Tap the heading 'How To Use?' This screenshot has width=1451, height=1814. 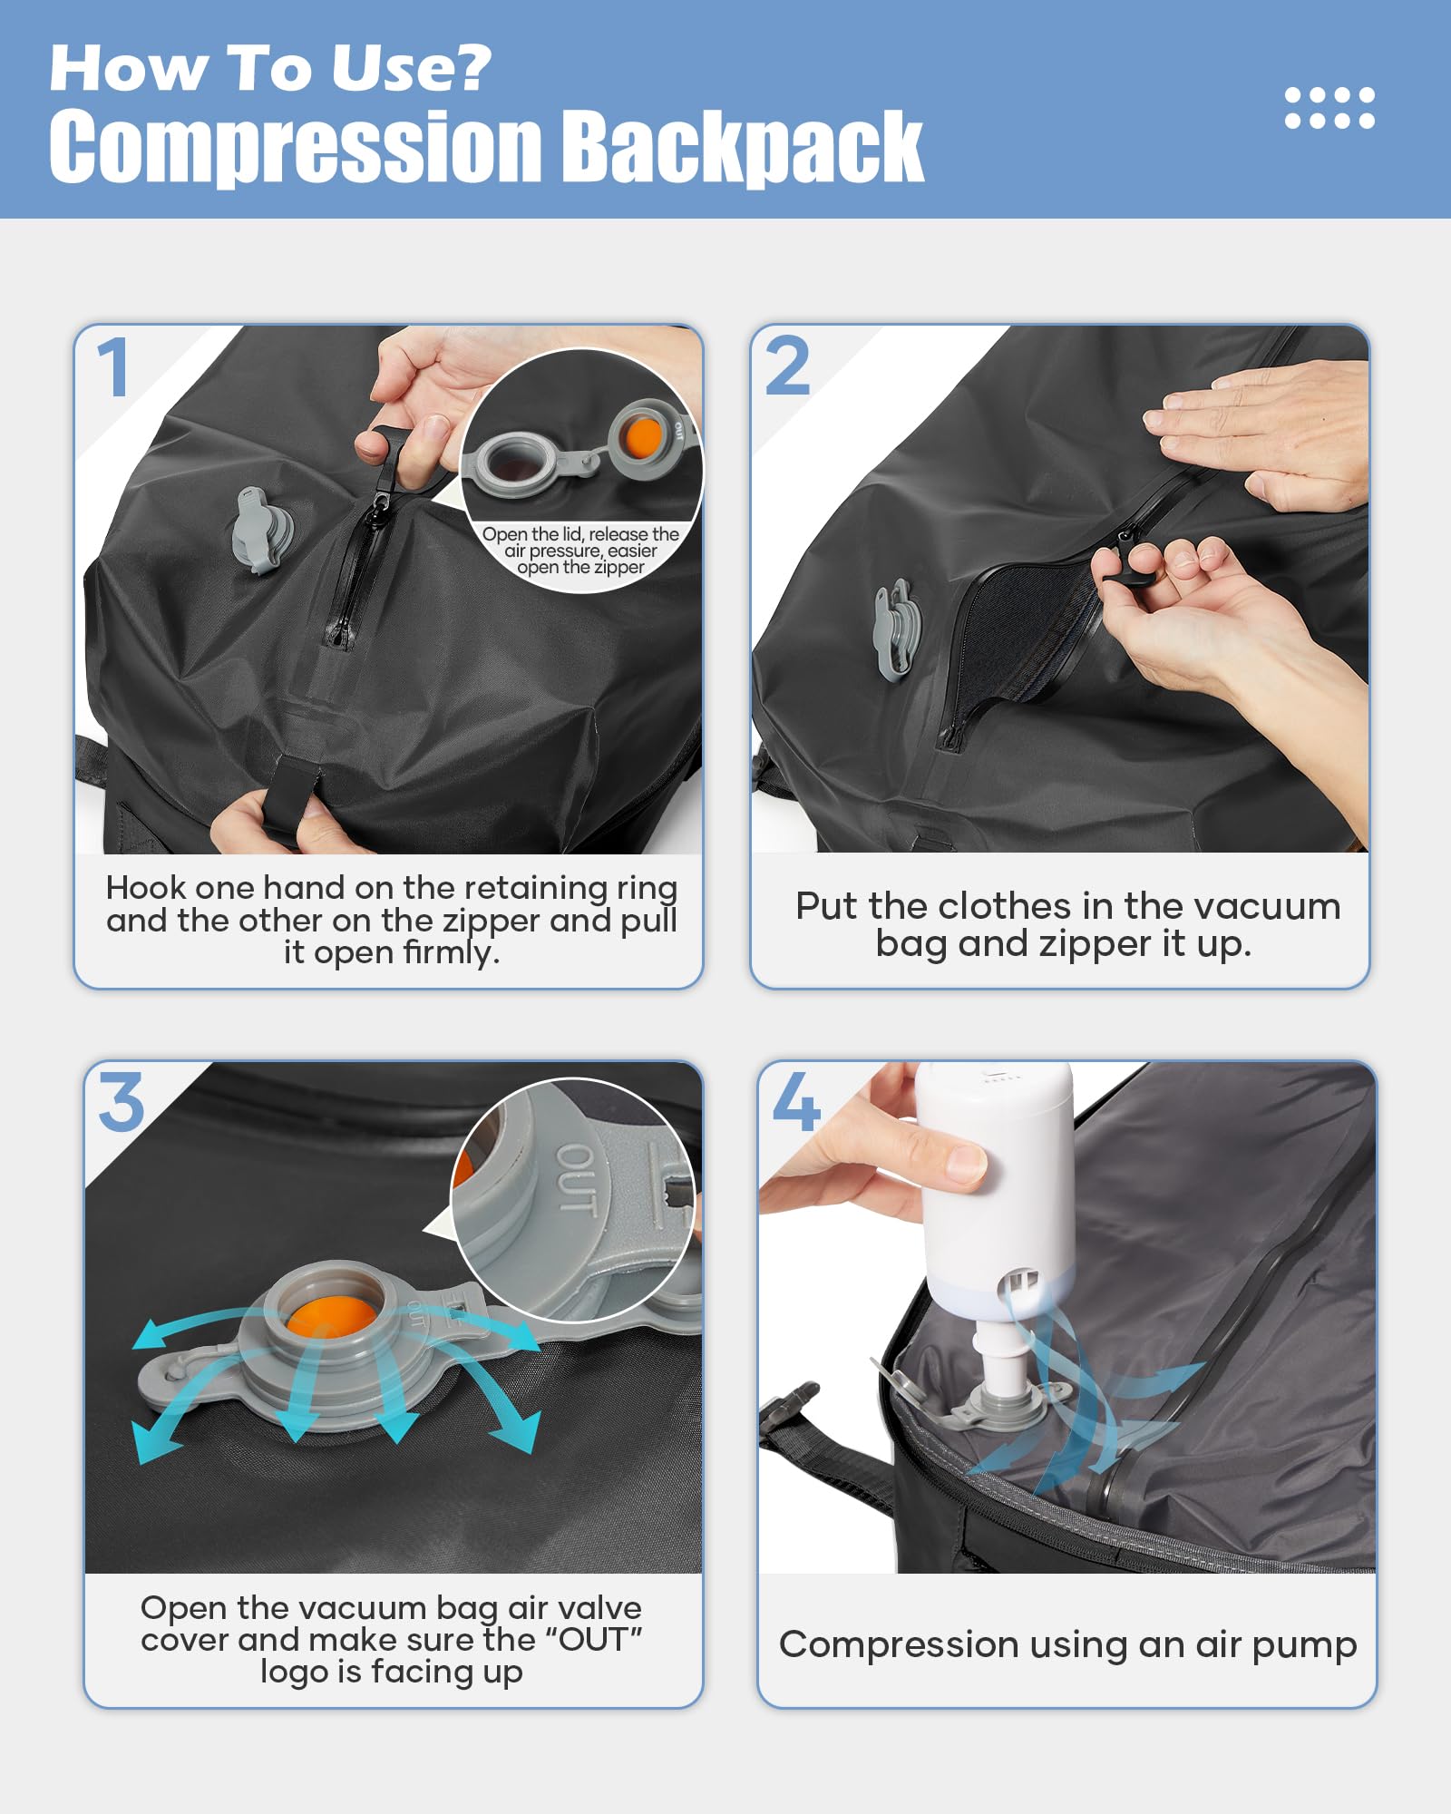click(x=269, y=68)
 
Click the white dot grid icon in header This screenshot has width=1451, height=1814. click(x=1329, y=108)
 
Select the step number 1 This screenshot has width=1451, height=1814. click(x=114, y=368)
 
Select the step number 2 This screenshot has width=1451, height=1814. click(x=787, y=366)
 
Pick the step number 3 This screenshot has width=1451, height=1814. click(x=122, y=1103)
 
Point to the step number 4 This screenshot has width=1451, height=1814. click(x=796, y=1103)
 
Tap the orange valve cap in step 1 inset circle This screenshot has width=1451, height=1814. click(x=643, y=437)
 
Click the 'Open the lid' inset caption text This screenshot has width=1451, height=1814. click(x=580, y=551)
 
